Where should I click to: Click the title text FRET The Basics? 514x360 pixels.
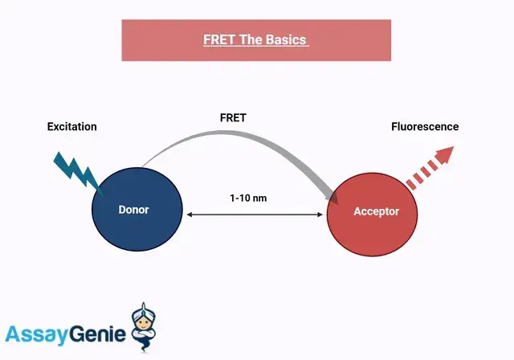coord(255,39)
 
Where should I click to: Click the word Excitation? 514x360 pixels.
coord(72,127)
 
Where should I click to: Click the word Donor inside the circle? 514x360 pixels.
coord(133,210)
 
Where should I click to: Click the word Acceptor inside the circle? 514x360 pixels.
coord(376,211)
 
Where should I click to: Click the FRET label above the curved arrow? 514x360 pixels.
coord(233,117)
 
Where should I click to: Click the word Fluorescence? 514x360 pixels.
coord(425,127)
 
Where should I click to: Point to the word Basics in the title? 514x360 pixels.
coord(287,39)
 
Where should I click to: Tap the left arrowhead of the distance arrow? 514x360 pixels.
coord(189,215)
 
